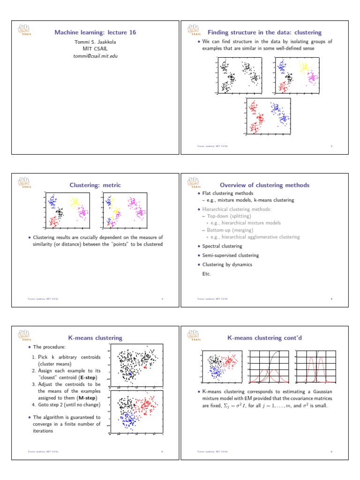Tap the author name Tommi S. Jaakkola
pyautogui.click(x=95, y=42)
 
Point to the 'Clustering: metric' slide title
pyautogui.click(x=95, y=185)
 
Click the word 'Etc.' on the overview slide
pyautogui.click(x=206, y=273)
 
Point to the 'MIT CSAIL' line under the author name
pyautogui.click(x=95, y=49)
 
